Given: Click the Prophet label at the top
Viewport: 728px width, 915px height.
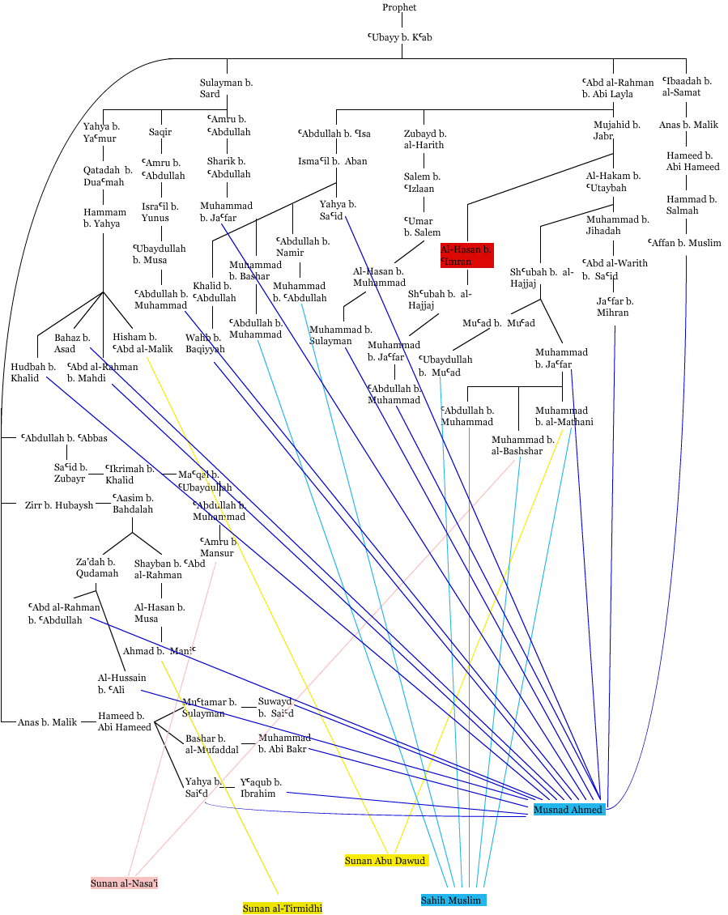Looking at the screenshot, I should [400, 7].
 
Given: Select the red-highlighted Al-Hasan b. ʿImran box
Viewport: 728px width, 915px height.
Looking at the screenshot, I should [467, 255].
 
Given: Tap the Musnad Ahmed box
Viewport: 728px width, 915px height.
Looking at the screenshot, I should [568, 809].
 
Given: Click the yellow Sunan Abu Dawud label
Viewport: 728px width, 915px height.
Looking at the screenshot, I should [385, 860].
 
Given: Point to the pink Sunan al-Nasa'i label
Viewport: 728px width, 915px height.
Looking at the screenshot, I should [124, 883].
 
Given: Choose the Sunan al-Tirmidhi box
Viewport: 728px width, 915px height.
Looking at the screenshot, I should [283, 909].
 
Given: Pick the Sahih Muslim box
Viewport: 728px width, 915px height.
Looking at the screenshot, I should [453, 900].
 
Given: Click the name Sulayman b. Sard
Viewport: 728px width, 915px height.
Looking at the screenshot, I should [227, 88].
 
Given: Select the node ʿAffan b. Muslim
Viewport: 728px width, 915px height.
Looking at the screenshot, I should [684, 242].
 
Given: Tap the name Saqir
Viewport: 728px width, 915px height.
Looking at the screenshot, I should [160, 132].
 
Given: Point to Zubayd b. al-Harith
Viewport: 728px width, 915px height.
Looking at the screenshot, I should [425, 139].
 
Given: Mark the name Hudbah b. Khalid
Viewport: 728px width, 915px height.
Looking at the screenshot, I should [33, 372].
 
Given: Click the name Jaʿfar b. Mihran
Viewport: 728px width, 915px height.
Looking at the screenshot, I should [615, 307].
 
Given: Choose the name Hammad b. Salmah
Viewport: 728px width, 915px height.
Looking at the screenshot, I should [691, 204].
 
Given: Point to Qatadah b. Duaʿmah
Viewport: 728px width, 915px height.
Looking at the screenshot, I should [108, 176].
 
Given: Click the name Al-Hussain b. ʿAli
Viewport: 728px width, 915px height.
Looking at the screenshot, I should [121, 683].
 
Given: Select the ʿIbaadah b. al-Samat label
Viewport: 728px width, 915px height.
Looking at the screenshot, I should [687, 87].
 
